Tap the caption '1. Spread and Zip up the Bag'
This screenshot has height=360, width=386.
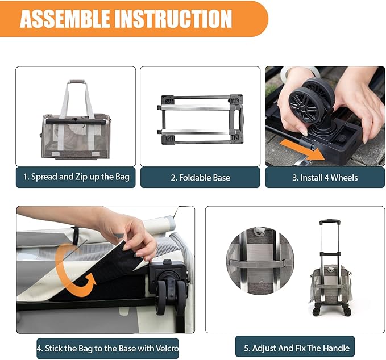tap(76, 177)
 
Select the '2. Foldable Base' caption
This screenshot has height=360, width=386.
tap(201, 177)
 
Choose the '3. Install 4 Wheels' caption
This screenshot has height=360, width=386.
tap(325, 177)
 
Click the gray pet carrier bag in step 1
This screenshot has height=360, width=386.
tap(76, 133)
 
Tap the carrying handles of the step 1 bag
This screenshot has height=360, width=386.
tap(76, 97)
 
